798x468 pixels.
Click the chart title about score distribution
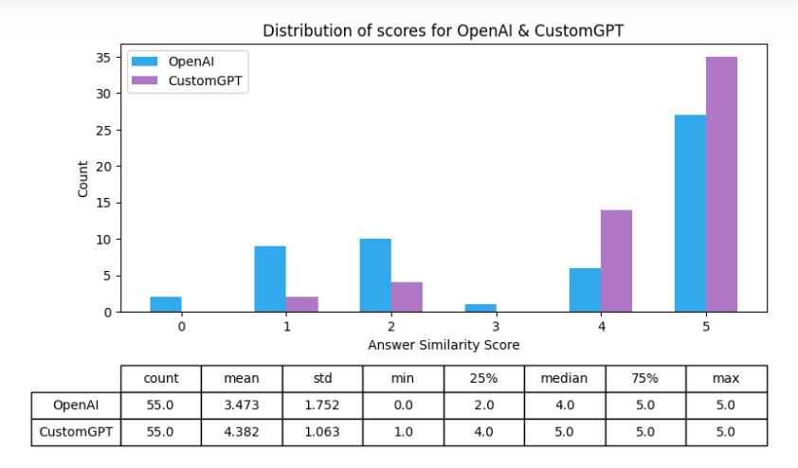(x=444, y=30)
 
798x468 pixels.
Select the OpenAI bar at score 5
(x=690, y=213)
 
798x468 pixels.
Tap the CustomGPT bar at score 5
(x=721, y=184)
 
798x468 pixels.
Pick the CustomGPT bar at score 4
(x=616, y=261)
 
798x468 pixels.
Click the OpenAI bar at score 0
(x=166, y=304)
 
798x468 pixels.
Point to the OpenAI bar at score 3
(x=481, y=308)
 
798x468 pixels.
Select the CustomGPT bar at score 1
(x=302, y=304)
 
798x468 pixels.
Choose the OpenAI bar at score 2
(x=375, y=275)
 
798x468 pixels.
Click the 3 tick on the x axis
(x=497, y=325)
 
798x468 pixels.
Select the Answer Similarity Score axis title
(x=444, y=344)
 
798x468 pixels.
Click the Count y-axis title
(x=83, y=178)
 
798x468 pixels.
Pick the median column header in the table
(x=564, y=378)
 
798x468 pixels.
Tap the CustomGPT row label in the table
(x=77, y=432)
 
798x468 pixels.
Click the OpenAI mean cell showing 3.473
(x=242, y=405)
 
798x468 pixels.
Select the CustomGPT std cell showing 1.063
(x=322, y=432)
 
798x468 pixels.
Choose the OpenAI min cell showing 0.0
(x=403, y=405)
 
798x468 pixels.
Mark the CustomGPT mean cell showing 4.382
(x=242, y=432)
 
